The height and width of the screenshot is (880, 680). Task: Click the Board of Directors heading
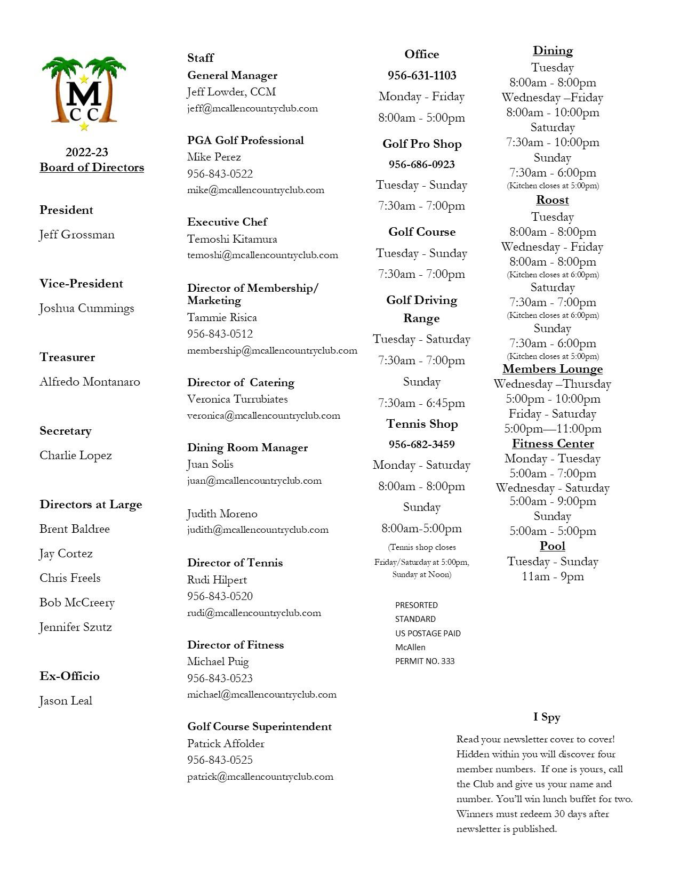92,167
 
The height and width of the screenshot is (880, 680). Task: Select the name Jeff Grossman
77,235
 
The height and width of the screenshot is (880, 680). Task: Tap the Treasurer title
67,357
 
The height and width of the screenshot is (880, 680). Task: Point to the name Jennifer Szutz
76,627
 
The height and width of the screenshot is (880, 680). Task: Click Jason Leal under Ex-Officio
66,701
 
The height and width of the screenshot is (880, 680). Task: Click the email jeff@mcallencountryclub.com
252,108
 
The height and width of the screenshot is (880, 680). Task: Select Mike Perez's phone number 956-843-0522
220,174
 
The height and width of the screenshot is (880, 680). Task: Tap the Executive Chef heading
227,222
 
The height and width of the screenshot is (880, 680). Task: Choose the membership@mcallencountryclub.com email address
272,350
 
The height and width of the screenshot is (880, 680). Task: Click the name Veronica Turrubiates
237,399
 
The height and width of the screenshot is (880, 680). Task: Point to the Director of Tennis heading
235,563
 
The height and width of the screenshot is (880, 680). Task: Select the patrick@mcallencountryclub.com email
260,777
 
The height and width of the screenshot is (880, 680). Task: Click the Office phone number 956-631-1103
422,76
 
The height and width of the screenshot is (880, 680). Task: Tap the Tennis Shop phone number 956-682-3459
422,444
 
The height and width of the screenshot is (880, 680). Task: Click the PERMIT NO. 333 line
425,661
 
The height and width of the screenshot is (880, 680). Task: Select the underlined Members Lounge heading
553,369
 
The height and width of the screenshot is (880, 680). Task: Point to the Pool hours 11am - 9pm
553,577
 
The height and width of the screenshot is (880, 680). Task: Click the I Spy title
547,717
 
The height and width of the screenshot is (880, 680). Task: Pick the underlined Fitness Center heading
553,444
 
